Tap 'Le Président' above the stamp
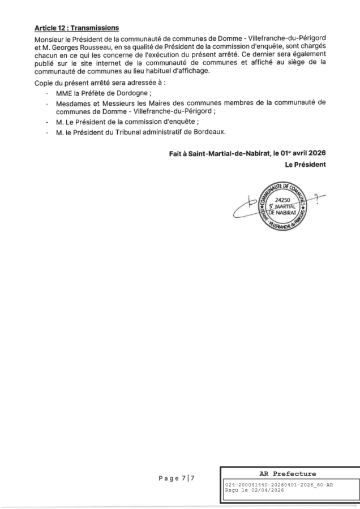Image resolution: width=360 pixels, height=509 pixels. tap(306, 165)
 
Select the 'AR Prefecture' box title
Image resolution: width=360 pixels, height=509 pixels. tap(289, 473)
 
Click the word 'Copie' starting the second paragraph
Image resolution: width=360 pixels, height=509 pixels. tap(44, 84)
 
